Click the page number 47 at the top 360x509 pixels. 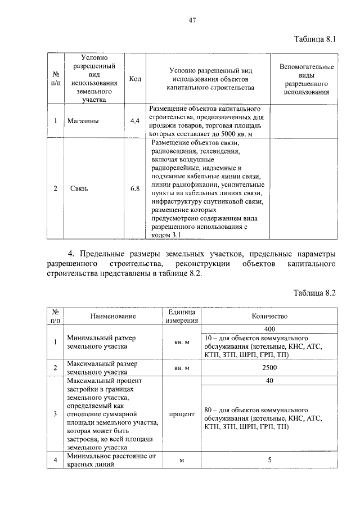pyautogui.click(x=192, y=21)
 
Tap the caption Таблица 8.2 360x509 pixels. pyautogui.click(x=314, y=293)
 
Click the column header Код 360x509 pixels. pyautogui.click(x=135, y=79)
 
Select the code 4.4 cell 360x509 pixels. pyautogui.click(x=135, y=121)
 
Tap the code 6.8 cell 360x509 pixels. pyautogui.click(x=135, y=188)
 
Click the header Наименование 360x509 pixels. pyautogui.click(x=112, y=316)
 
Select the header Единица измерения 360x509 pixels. pyautogui.click(x=182, y=316)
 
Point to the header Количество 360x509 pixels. pyautogui.click(x=269, y=316)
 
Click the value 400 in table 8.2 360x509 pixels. pyautogui.click(x=269, y=329)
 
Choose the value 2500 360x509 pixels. pyautogui.click(x=269, y=368)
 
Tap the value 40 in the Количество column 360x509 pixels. pyautogui.click(x=269, y=381)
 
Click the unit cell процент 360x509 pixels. pyautogui.click(x=182, y=414)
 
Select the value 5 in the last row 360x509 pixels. pyautogui.click(x=269, y=460)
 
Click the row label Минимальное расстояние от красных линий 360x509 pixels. pyautogui.click(x=111, y=460)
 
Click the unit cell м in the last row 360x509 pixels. pyautogui.click(x=182, y=460)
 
